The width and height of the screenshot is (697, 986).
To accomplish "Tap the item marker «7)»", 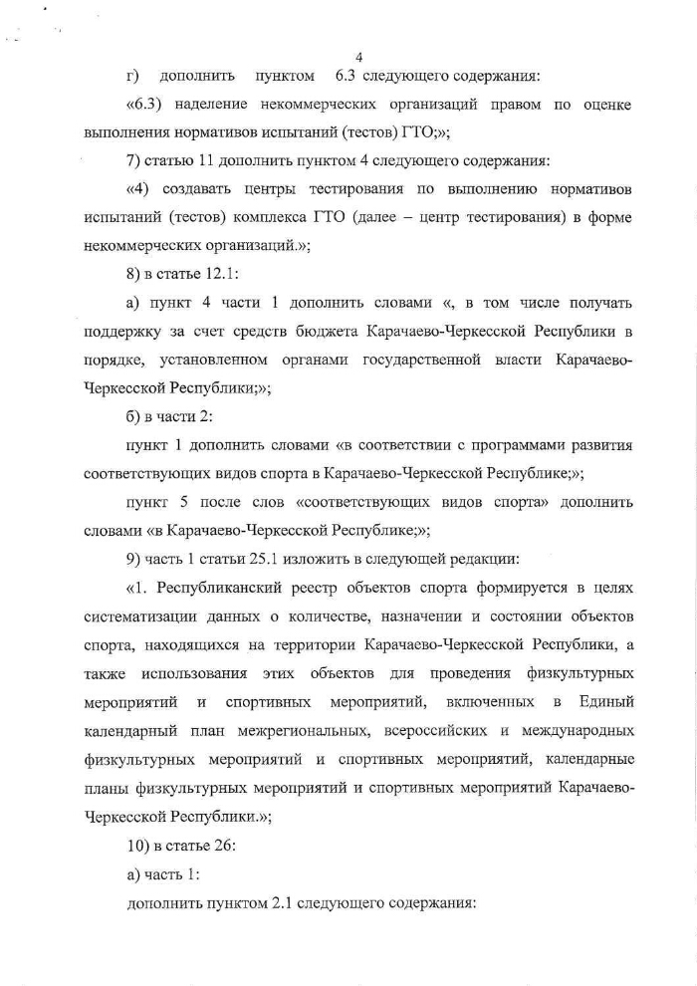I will tap(137, 159).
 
